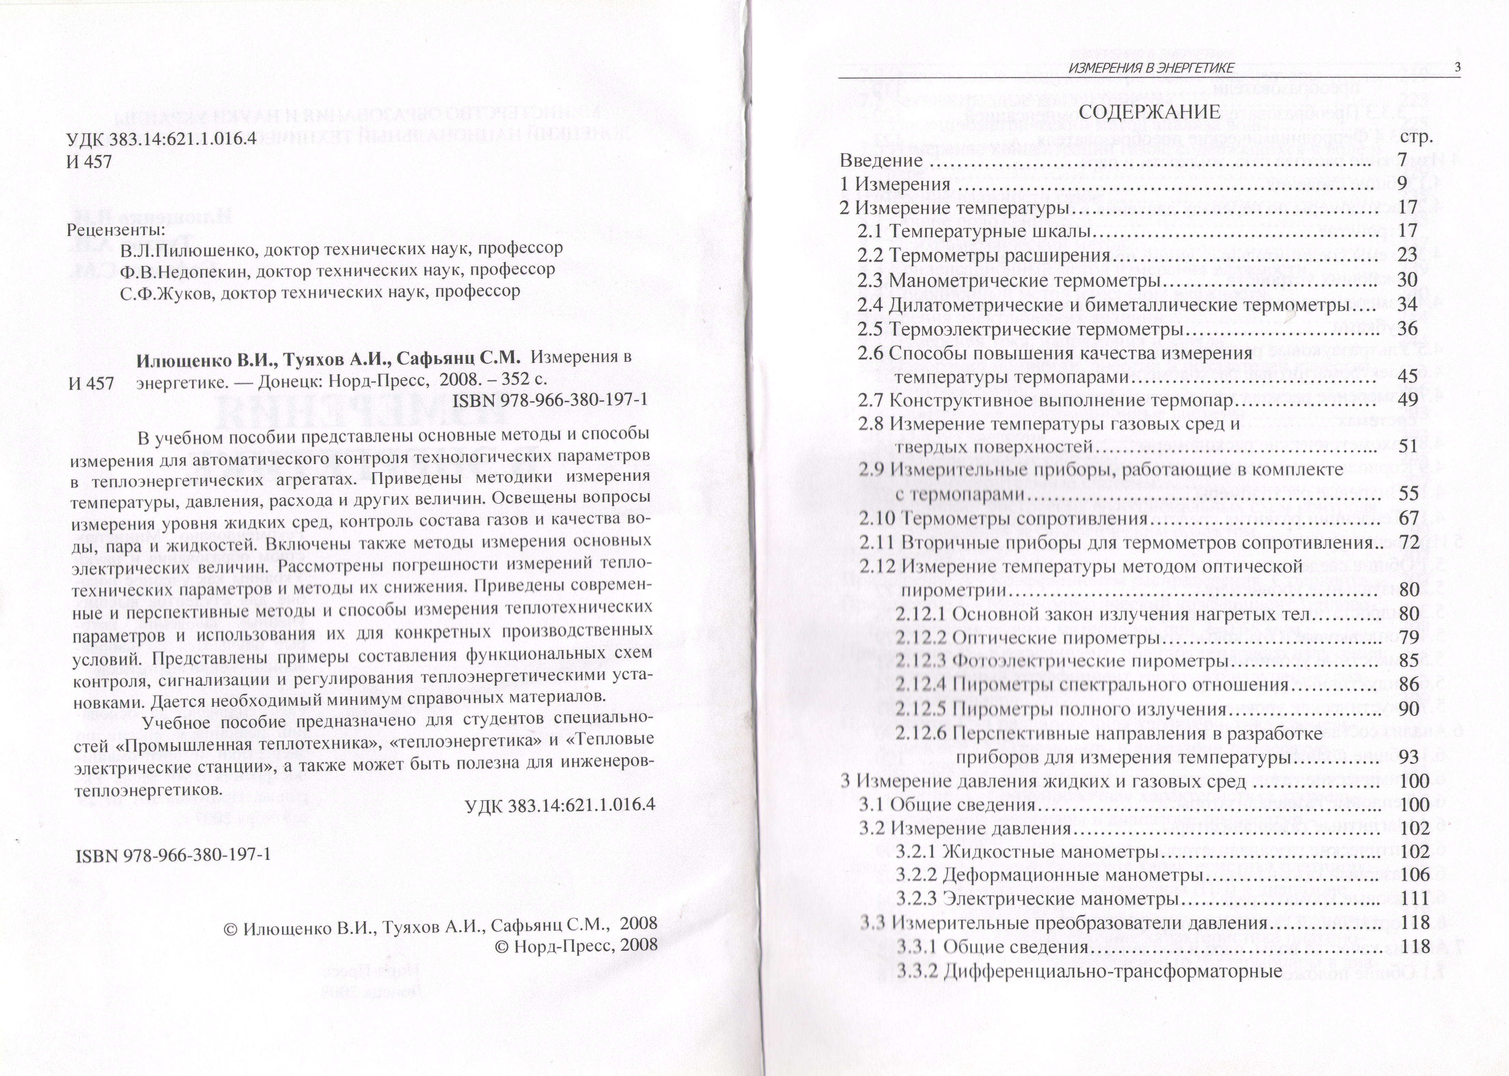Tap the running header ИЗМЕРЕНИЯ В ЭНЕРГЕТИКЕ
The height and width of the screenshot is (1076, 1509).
(x=1151, y=68)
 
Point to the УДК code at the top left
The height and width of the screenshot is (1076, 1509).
(x=161, y=140)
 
